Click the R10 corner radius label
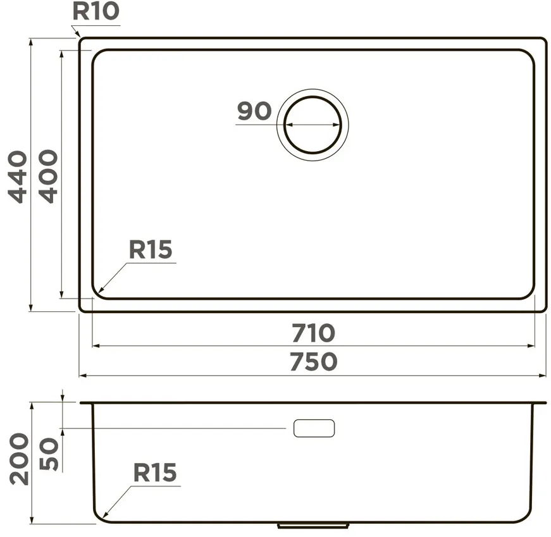click(x=96, y=11)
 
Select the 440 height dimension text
click(x=18, y=176)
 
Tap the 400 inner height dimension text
click(x=48, y=176)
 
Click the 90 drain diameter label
click(x=254, y=111)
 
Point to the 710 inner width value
click(x=313, y=333)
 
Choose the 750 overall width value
click(x=313, y=362)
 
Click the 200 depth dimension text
click(x=19, y=459)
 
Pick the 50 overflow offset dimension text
click(x=49, y=454)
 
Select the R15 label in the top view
click(x=151, y=249)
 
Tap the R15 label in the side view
click(x=155, y=472)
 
